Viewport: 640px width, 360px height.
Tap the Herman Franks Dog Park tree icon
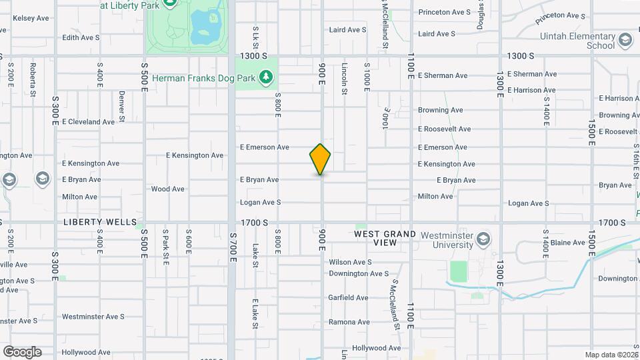coord(267,78)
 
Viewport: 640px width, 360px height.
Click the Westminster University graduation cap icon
coord(483,239)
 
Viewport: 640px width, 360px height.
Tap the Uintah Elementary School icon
coord(625,41)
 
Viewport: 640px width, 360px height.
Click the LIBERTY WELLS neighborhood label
coord(100,222)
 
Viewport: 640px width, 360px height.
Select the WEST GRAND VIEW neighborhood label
coord(385,239)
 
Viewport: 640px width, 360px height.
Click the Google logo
coord(22,352)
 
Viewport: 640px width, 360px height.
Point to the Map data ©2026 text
coord(611,355)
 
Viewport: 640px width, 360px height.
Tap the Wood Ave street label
coord(167,189)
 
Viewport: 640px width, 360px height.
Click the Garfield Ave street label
coord(348,298)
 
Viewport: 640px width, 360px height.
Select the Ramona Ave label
coord(349,323)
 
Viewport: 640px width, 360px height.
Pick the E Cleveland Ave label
coord(89,122)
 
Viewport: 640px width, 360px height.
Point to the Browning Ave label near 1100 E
coord(440,110)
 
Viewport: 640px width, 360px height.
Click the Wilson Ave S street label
coord(350,263)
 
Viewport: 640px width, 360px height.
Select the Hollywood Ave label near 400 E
coord(86,352)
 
